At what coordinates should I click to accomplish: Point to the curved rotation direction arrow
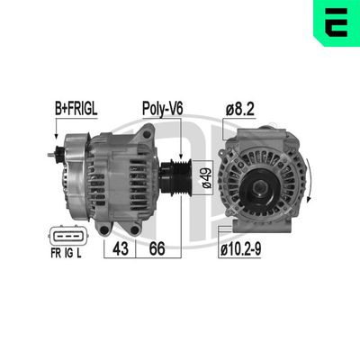coord(309,180)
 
